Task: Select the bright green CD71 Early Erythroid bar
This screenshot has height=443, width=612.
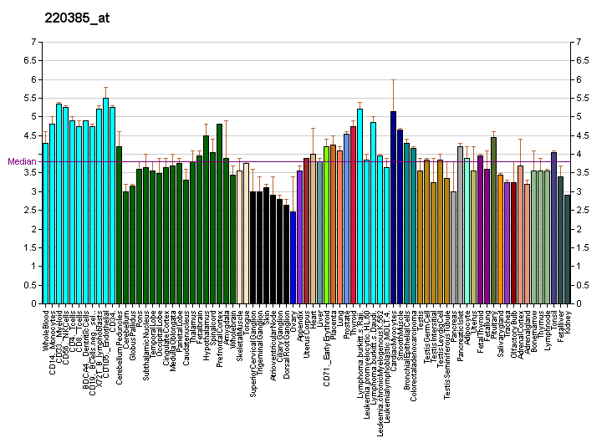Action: click(326, 225)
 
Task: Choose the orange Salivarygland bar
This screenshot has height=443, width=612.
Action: click(500, 239)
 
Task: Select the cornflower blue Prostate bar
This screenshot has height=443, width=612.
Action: click(346, 218)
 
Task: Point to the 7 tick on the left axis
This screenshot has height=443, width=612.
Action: click(33, 42)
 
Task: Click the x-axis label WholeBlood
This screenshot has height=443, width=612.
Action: click(46, 331)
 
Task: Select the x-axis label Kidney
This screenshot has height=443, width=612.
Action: click(568, 322)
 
